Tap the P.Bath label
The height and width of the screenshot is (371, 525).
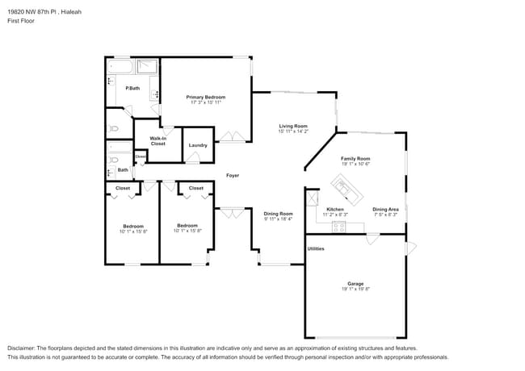[132, 88]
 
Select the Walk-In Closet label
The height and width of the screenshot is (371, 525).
[157, 141]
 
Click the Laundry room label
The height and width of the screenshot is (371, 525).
[198, 146]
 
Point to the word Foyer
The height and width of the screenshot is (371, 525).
[233, 175]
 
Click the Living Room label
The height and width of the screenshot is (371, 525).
[293, 126]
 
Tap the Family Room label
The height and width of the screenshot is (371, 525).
[355, 159]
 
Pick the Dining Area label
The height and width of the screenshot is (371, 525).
[385, 210]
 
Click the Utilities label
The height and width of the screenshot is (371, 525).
[316, 248]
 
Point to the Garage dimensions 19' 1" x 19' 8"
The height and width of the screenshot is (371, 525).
[355, 289]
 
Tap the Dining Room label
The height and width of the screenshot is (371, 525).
[278, 213]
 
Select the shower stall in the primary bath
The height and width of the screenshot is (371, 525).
[147, 67]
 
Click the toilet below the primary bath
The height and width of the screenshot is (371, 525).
[114, 127]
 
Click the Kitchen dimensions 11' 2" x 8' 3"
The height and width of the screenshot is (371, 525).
[335, 215]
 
